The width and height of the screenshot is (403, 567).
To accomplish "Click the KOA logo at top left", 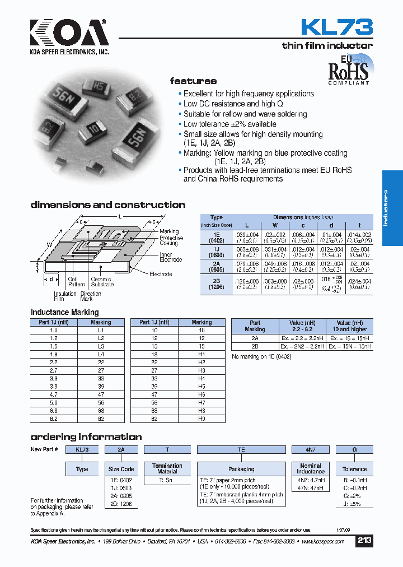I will point(69,35).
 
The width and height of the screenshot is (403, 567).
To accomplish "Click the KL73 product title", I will point(336,27).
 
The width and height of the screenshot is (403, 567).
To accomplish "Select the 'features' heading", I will point(193,81).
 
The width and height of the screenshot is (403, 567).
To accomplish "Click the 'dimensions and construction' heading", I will point(107,205).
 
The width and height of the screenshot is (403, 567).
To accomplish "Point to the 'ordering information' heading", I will point(86,437).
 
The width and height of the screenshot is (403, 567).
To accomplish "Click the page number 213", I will point(364,541).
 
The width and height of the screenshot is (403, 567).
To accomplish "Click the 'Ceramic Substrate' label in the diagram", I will point(101,282).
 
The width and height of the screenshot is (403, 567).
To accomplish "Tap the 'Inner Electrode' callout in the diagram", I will point(170,257).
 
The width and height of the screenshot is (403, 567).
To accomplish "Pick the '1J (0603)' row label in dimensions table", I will point(216,252).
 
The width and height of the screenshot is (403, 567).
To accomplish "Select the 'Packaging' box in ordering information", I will point(241,469).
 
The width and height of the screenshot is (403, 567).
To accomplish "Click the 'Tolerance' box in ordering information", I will point(354,469).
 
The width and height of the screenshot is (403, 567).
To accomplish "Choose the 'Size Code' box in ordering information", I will point(121,469).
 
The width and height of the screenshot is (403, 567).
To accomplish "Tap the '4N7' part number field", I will point(310,449).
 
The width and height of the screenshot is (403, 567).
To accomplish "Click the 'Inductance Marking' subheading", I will point(64,312).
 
